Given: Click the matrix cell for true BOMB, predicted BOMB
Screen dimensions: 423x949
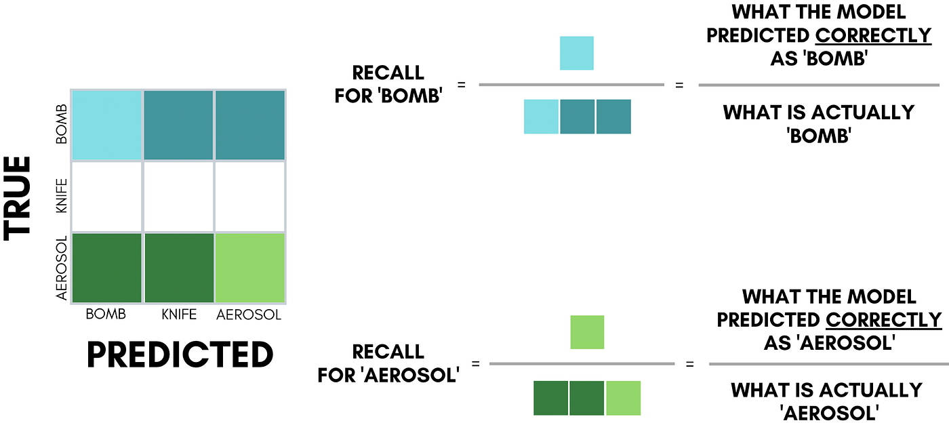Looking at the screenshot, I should point(106,124).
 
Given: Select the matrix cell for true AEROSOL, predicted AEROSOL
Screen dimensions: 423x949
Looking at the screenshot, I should point(250,267).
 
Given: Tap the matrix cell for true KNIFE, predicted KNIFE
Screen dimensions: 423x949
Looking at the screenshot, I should point(178,196).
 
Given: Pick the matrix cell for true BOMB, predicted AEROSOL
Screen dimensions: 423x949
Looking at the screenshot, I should point(250,124).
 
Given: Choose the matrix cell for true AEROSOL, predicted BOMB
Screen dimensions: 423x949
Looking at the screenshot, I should point(106,267).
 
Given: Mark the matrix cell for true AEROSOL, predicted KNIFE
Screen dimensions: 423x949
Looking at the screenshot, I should point(178,267).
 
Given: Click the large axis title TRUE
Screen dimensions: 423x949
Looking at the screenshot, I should point(18,197).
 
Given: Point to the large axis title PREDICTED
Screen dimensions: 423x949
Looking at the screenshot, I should point(180,355).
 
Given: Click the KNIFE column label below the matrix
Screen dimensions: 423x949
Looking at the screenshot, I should point(179,315).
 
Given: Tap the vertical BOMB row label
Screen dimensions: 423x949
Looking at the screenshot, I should point(62,124).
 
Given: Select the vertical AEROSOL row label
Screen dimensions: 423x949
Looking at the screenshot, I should point(62,268).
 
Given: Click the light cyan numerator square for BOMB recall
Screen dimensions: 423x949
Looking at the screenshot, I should point(576,53).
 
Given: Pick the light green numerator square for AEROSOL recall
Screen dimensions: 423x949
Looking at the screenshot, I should point(587,332).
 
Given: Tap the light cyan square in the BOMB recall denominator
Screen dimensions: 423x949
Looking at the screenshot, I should point(541,116).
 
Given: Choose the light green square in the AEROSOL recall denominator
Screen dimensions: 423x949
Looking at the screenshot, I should point(624,397).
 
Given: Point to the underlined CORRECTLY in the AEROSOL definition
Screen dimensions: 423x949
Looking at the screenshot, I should point(884,319).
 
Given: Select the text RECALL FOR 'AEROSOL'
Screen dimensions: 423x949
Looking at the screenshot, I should point(388,363).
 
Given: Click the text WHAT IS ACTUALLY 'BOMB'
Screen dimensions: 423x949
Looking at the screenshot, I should point(819,123).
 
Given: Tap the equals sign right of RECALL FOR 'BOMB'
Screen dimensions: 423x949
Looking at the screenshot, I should point(462,85).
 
